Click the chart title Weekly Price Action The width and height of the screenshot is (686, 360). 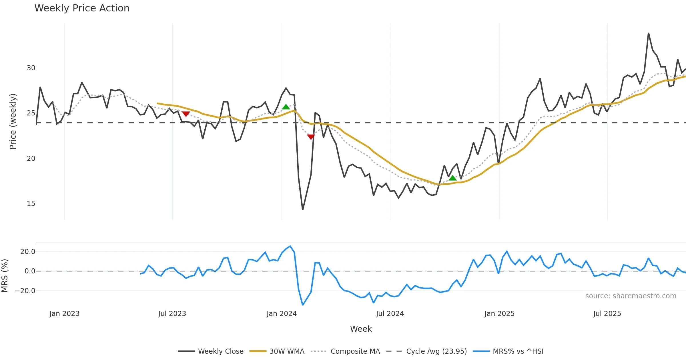coord(82,8)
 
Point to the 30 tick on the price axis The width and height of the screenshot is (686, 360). coord(31,68)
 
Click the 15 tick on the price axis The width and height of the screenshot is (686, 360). coord(31,204)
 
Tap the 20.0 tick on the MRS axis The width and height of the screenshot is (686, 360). coord(28,252)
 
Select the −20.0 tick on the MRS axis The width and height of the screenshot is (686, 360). coord(25,291)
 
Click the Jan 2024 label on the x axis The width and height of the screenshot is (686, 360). coord(282,314)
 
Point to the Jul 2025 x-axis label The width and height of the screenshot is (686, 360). coord(607,314)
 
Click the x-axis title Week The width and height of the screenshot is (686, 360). coord(361,329)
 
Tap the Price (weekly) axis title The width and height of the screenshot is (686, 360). coord(13,121)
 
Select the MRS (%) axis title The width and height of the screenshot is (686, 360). coord(5,275)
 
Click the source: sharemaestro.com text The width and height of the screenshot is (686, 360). coord(631,296)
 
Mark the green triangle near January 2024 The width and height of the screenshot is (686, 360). coord(286,107)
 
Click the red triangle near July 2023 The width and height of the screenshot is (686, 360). coord(186,114)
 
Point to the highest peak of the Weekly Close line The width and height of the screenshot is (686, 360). coord(649,33)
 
